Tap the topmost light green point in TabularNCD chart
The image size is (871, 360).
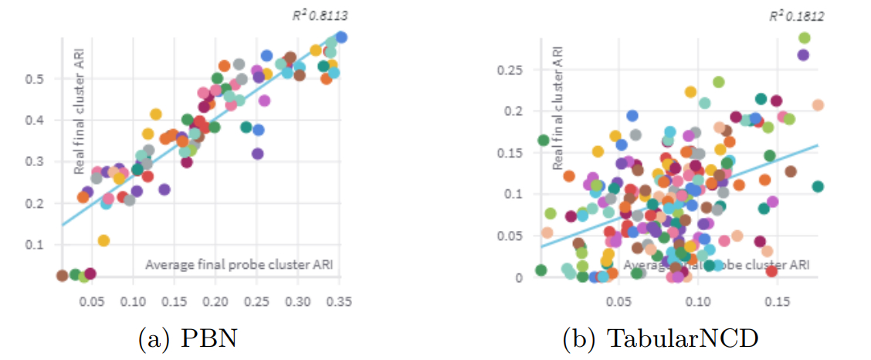click(804, 38)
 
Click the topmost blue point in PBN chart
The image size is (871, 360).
click(341, 37)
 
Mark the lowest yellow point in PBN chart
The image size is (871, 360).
click(103, 240)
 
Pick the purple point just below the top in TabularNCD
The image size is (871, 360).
click(803, 55)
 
